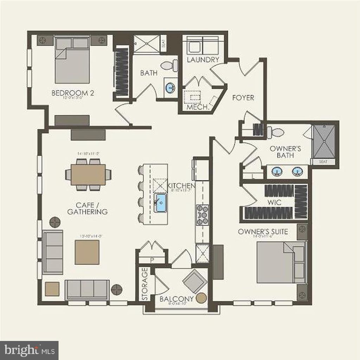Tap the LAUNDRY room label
203,60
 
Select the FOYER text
243,98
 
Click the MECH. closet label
198,107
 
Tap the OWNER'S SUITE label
263,232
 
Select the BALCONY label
176,299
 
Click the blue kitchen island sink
161,202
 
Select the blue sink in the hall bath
171,88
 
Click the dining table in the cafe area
88,175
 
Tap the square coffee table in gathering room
87,252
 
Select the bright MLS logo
29,350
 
